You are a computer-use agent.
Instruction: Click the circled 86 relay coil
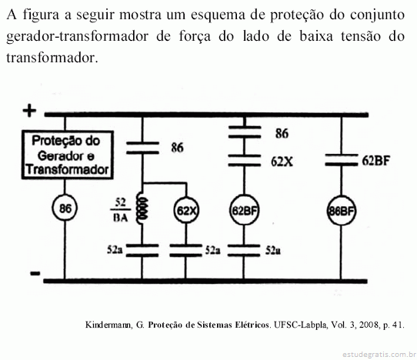(x=65, y=208)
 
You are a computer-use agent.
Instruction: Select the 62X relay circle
(x=186, y=211)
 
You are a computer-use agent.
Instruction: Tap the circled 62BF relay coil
(x=244, y=210)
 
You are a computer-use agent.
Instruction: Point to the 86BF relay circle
(x=341, y=211)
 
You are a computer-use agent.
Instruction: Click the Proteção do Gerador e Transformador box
(x=68, y=155)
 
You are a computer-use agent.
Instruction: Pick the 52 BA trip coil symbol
(x=142, y=208)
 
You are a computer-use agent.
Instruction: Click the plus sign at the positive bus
(x=29, y=110)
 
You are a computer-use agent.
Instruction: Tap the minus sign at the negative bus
(x=35, y=273)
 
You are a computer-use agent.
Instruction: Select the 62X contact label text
(x=282, y=162)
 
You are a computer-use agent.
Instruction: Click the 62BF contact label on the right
(x=375, y=160)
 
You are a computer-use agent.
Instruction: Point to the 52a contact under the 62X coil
(x=185, y=251)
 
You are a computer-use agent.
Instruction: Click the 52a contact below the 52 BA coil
(x=142, y=251)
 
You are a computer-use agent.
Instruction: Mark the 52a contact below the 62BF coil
(x=244, y=251)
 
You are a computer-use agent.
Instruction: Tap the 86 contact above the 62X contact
(x=245, y=132)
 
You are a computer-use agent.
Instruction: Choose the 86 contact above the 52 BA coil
(x=142, y=148)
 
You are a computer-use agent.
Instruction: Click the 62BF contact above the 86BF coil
(x=342, y=160)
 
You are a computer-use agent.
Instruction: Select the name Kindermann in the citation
(x=108, y=325)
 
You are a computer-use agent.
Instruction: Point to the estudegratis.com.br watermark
(x=379, y=355)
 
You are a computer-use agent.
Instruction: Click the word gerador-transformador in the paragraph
(x=78, y=36)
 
